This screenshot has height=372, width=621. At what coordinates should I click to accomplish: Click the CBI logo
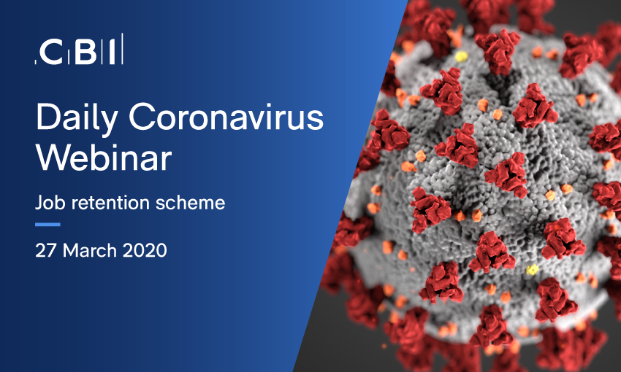(x=79, y=49)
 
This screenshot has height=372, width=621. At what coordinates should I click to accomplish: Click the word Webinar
(x=104, y=157)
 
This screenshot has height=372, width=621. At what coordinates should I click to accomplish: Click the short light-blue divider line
(x=47, y=225)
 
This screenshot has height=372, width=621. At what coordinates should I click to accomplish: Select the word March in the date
(x=90, y=251)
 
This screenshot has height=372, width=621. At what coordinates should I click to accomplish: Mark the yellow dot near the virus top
(x=461, y=57)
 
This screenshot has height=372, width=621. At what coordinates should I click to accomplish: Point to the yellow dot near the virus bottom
(x=532, y=270)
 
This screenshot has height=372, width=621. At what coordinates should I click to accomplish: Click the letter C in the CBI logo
(x=51, y=52)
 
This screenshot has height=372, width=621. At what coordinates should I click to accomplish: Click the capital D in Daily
(x=47, y=116)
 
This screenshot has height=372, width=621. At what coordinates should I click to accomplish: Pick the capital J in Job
(x=39, y=202)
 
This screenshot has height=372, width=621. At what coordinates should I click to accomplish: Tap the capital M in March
(x=70, y=251)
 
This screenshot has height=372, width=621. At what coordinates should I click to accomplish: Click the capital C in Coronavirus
(x=141, y=117)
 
